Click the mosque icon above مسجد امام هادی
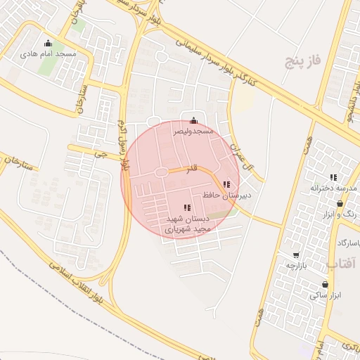(48, 43)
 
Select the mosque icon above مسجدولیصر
(194, 120)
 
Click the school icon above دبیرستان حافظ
(226, 184)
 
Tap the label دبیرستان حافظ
(222, 194)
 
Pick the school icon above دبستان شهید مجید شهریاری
(186, 207)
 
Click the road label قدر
(192, 170)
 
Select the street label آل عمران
(240, 157)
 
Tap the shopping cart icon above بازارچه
(296, 255)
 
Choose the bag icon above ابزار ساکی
(325, 285)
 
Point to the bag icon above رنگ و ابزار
(340, 202)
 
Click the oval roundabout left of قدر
(161, 172)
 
